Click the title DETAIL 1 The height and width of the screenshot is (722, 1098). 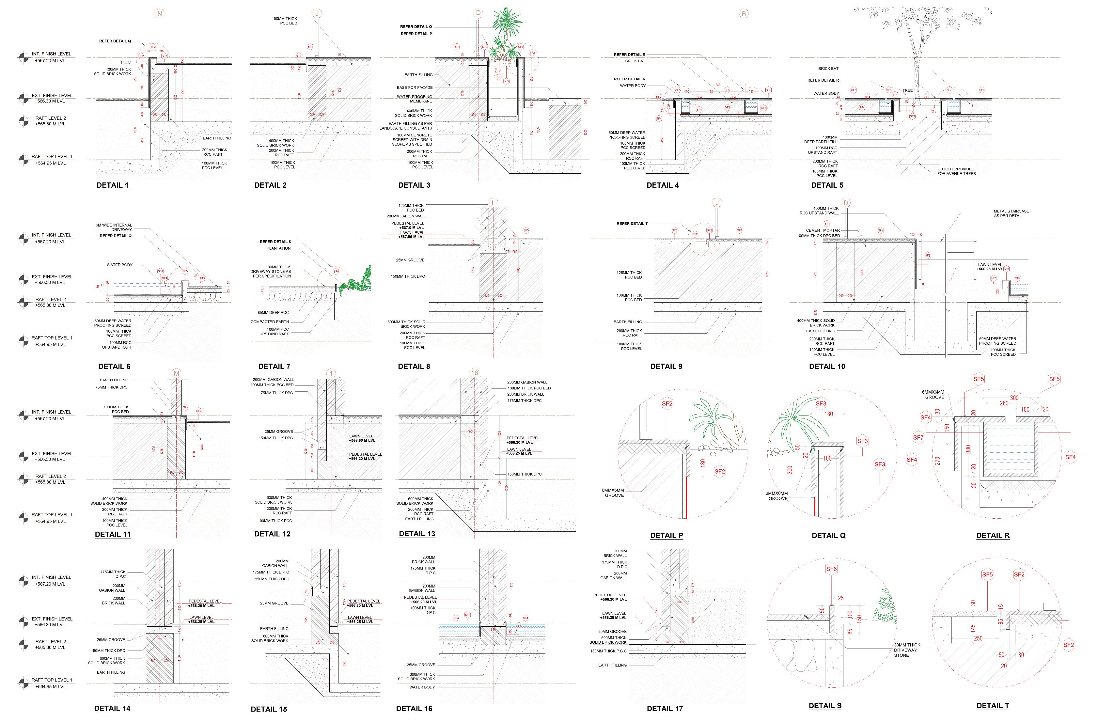pyautogui.click(x=113, y=185)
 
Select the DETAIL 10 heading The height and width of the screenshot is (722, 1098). pyautogui.click(x=827, y=366)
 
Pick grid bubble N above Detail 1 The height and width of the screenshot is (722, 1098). pyautogui.click(x=160, y=14)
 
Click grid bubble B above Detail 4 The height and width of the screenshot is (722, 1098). pyautogui.click(x=744, y=14)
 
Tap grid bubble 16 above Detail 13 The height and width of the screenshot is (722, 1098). pyautogui.click(x=474, y=373)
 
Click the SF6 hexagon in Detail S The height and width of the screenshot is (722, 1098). pyautogui.click(x=831, y=569)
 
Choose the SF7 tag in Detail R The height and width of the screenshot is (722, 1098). pyautogui.click(x=918, y=437)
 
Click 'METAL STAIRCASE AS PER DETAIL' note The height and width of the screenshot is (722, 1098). pyautogui.click(x=1011, y=213)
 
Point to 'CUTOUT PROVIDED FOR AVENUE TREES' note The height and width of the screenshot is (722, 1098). pyautogui.click(x=956, y=171)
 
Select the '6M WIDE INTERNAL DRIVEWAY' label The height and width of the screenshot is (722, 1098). pyautogui.click(x=114, y=227)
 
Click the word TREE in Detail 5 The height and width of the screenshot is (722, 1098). pyautogui.click(x=907, y=90)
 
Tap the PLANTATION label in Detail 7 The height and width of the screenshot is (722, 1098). pyautogui.click(x=279, y=248)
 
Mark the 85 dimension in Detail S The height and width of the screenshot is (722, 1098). pyautogui.click(x=850, y=631)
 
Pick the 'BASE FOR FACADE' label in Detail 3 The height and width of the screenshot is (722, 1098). pyautogui.click(x=415, y=87)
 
